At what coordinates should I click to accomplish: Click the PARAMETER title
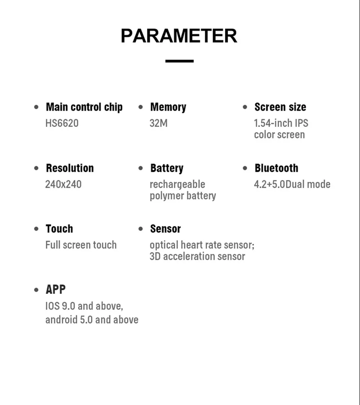179,36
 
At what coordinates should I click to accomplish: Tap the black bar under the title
179,61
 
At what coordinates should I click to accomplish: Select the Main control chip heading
84,107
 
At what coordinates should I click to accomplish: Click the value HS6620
62,123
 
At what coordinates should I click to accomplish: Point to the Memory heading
168,107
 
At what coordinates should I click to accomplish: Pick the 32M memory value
158,123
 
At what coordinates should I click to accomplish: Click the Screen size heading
280,107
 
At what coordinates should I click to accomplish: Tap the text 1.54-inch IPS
281,123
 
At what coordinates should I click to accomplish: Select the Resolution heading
70,168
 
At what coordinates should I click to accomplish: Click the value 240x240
63,184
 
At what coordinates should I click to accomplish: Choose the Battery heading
166,168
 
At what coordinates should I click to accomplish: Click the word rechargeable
177,184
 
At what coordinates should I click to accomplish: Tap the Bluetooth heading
276,168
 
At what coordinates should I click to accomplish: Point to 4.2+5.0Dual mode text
292,184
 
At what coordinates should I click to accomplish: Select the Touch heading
59,229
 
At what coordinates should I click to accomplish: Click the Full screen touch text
81,245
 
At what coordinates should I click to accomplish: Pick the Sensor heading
165,229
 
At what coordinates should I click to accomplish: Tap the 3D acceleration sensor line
197,257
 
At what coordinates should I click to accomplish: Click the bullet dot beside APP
36,290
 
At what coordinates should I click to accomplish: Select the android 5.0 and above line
92,320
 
